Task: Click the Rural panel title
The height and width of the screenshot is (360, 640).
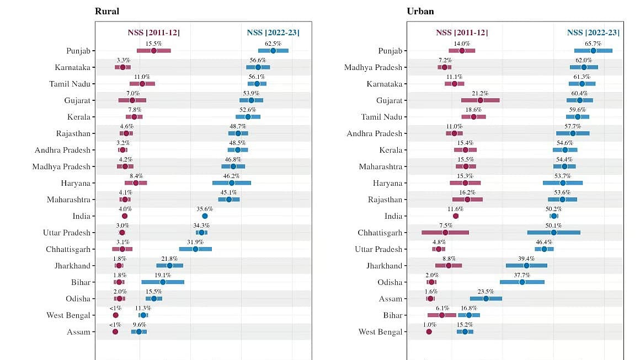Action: (x=107, y=11)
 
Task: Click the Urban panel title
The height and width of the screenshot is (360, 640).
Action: (x=420, y=11)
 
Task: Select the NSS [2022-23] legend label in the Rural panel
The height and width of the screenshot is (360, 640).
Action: (x=273, y=33)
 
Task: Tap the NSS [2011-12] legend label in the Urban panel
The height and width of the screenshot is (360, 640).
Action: (x=462, y=33)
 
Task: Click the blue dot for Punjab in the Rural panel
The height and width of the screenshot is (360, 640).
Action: (x=273, y=51)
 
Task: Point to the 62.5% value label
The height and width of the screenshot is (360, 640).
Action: (x=273, y=44)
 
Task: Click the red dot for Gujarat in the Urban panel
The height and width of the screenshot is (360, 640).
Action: (x=481, y=100)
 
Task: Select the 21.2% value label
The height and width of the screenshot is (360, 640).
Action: (x=480, y=93)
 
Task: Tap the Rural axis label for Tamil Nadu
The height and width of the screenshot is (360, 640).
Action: (x=70, y=84)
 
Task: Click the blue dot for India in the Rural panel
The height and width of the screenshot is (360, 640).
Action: (x=205, y=216)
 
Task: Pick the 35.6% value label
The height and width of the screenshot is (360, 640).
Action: (x=205, y=209)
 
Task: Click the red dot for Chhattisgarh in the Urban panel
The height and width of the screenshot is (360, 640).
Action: (x=445, y=233)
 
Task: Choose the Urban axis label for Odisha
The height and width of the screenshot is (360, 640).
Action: (x=390, y=282)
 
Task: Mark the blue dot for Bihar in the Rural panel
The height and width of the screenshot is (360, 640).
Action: (x=163, y=282)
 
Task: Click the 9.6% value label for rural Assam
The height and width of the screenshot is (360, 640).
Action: (x=140, y=325)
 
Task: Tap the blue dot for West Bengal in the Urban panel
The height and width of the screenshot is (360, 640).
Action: (x=465, y=332)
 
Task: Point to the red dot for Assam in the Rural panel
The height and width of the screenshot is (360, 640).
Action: (x=115, y=332)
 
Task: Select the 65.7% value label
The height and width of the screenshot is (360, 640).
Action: (x=593, y=44)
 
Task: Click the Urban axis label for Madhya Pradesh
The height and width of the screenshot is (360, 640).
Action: (x=373, y=67)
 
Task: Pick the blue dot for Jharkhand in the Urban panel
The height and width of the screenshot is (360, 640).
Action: (x=526, y=265)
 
